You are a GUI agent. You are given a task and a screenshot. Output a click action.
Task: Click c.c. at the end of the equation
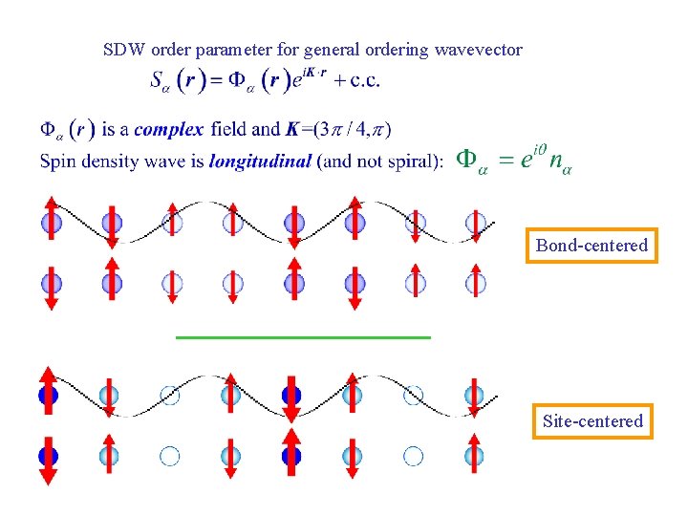pyautogui.click(x=364, y=80)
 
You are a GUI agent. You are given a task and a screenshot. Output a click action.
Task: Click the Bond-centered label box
pyautogui.click(x=591, y=246)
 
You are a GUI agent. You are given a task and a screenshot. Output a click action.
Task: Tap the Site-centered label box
pyautogui.click(x=592, y=420)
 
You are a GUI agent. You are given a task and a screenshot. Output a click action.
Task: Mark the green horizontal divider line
pyautogui.click(x=304, y=337)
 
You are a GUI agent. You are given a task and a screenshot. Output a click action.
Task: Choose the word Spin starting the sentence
pyautogui.click(x=56, y=161)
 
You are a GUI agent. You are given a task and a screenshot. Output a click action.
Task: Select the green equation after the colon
pyautogui.click(x=512, y=160)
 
